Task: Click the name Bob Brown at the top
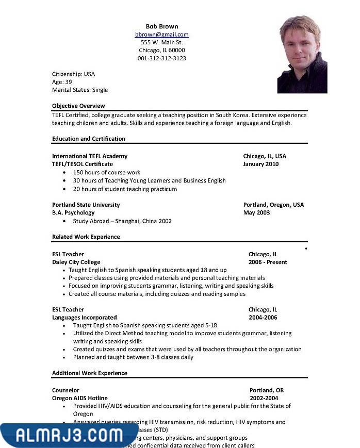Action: pos(161,26)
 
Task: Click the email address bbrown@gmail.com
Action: pos(161,35)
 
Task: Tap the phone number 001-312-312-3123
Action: pos(161,58)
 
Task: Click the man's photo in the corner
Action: pos(302,54)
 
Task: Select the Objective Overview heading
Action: pos(78,106)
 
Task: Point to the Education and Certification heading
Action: pos(89,139)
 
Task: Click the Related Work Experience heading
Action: pos(86,237)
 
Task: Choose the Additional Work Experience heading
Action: pos(90,373)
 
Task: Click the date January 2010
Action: pos(261,164)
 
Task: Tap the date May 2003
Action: pos(256,212)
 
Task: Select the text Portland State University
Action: pos(86,205)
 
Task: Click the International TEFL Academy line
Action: pos(90,156)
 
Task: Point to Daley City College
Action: pos(76,262)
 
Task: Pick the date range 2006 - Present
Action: pos(268,262)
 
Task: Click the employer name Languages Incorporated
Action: pos(85,318)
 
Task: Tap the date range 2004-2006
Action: pos(263,318)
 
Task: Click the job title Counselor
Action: pos(66,390)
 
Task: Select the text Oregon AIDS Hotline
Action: pos(80,398)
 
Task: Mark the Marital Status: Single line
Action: pos(80,90)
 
